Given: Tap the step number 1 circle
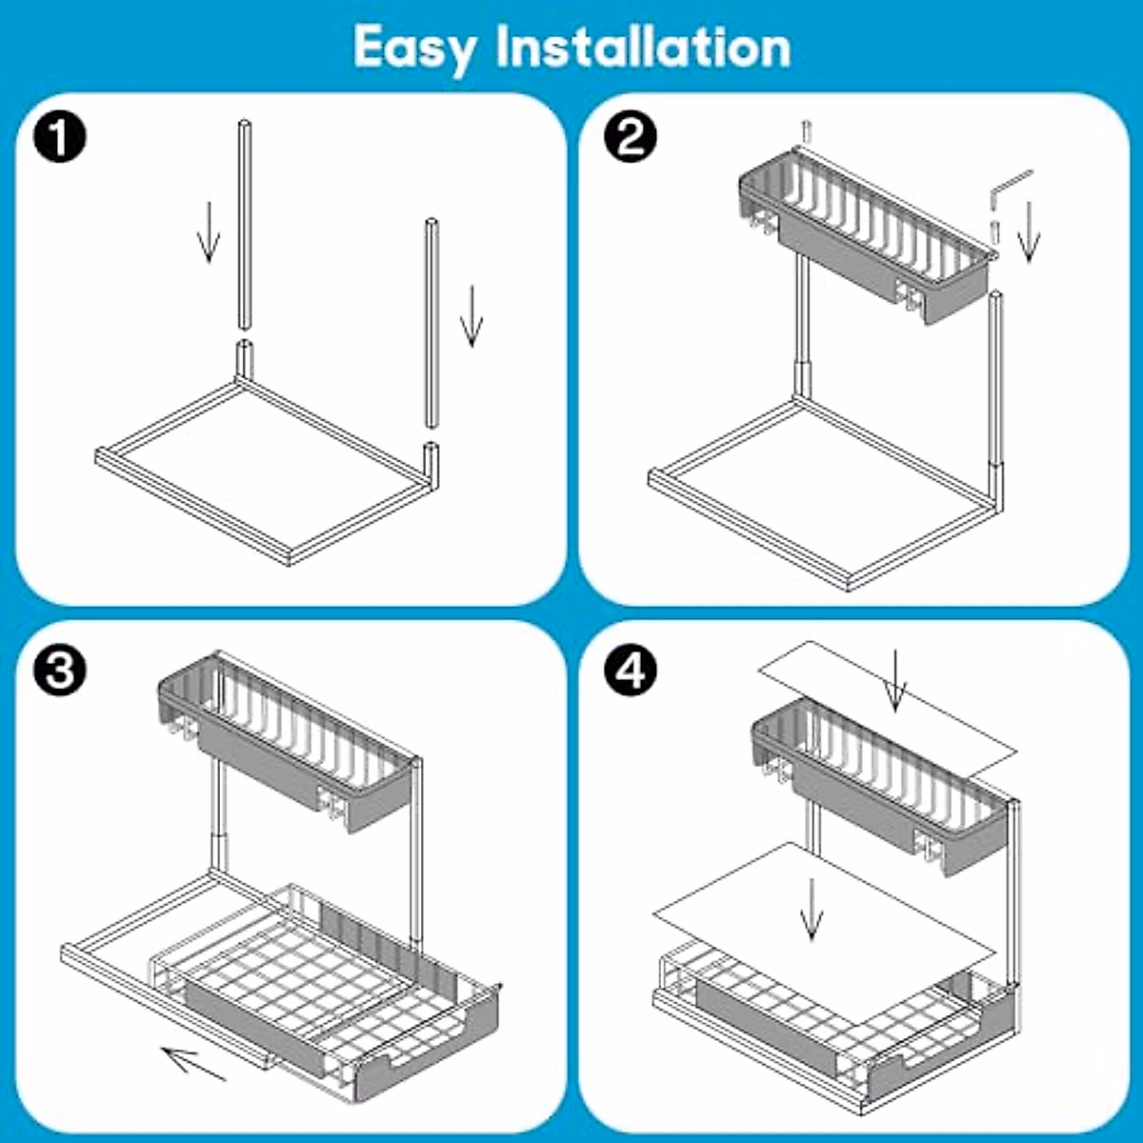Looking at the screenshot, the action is (60, 138).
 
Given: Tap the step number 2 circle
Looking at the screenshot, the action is (631, 138).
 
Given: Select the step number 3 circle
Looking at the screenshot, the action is (60, 671).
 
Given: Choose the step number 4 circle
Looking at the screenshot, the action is (631, 671).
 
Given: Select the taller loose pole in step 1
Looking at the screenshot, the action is (245, 224).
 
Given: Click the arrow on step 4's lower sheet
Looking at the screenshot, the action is (812, 909).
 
